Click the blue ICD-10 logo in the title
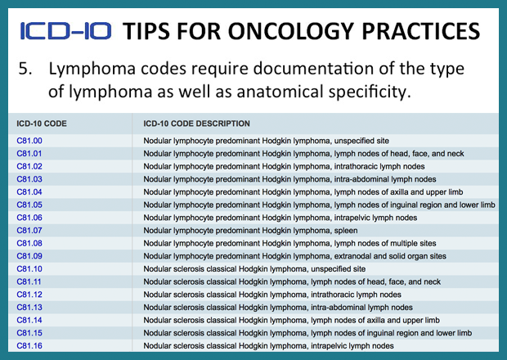tap(65, 31)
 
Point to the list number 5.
tap(25, 69)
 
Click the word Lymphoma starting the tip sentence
tap(92, 70)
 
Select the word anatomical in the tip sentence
tap(280, 92)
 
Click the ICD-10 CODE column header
tap(42, 124)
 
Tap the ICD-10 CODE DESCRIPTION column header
tap(196, 124)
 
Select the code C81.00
tap(29, 141)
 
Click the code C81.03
tap(29, 179)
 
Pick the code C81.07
tap(29, 230)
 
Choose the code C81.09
tap(29, 256)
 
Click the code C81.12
tap(29, 295)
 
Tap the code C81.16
tap(29, 346)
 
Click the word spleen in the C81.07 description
tap(346, 231)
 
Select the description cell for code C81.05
tap(319, 205)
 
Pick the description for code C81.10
tap(254, 269)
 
